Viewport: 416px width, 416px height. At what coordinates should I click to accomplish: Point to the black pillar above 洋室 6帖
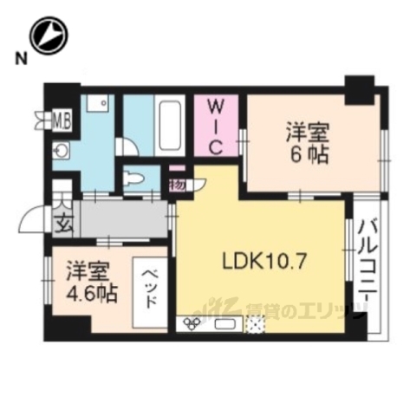pos(357,87)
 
